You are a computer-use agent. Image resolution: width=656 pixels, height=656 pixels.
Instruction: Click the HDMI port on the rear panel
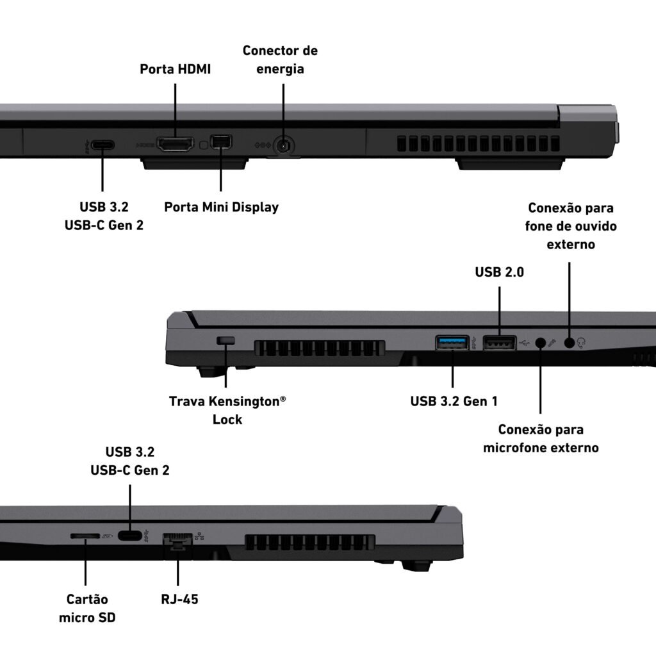(x=175, y=144)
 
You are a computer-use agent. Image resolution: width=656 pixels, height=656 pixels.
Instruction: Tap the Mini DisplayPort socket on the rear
(x=221, y=143)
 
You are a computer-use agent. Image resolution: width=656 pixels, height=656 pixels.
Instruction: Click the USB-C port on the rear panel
(x=102, y=145)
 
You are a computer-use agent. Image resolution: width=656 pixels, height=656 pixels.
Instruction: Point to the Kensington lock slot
(x=226, y=340)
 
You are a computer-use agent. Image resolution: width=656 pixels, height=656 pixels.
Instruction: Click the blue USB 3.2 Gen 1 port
(x=452, y=343)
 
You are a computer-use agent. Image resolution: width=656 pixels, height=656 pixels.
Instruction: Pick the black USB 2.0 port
(x=498, y=343)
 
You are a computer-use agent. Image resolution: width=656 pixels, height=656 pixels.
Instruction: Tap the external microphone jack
(x=541, y=343)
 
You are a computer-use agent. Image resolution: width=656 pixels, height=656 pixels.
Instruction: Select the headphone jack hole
(x=570, y=343)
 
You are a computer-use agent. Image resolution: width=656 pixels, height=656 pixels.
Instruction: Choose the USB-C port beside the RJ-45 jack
(x=130, y=536)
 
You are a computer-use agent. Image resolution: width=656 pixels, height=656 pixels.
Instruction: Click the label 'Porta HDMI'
(x=176, y=69)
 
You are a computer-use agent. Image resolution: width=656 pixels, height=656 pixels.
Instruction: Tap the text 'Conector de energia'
(x=280, y=59)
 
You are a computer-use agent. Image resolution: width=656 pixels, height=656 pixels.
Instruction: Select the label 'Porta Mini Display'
(x=221, y=207)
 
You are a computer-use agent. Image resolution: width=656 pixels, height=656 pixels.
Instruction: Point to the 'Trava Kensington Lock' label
(x=227, y=410)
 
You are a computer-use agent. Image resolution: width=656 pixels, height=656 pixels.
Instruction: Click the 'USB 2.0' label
(x=499, y=272)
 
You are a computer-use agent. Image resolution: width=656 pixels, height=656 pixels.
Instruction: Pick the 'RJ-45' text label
(x=180, y=600)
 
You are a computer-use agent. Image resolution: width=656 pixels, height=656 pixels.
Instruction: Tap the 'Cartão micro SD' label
(x=87, y=608)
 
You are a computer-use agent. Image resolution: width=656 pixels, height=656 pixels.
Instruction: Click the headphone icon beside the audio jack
(x=582, y=343)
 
